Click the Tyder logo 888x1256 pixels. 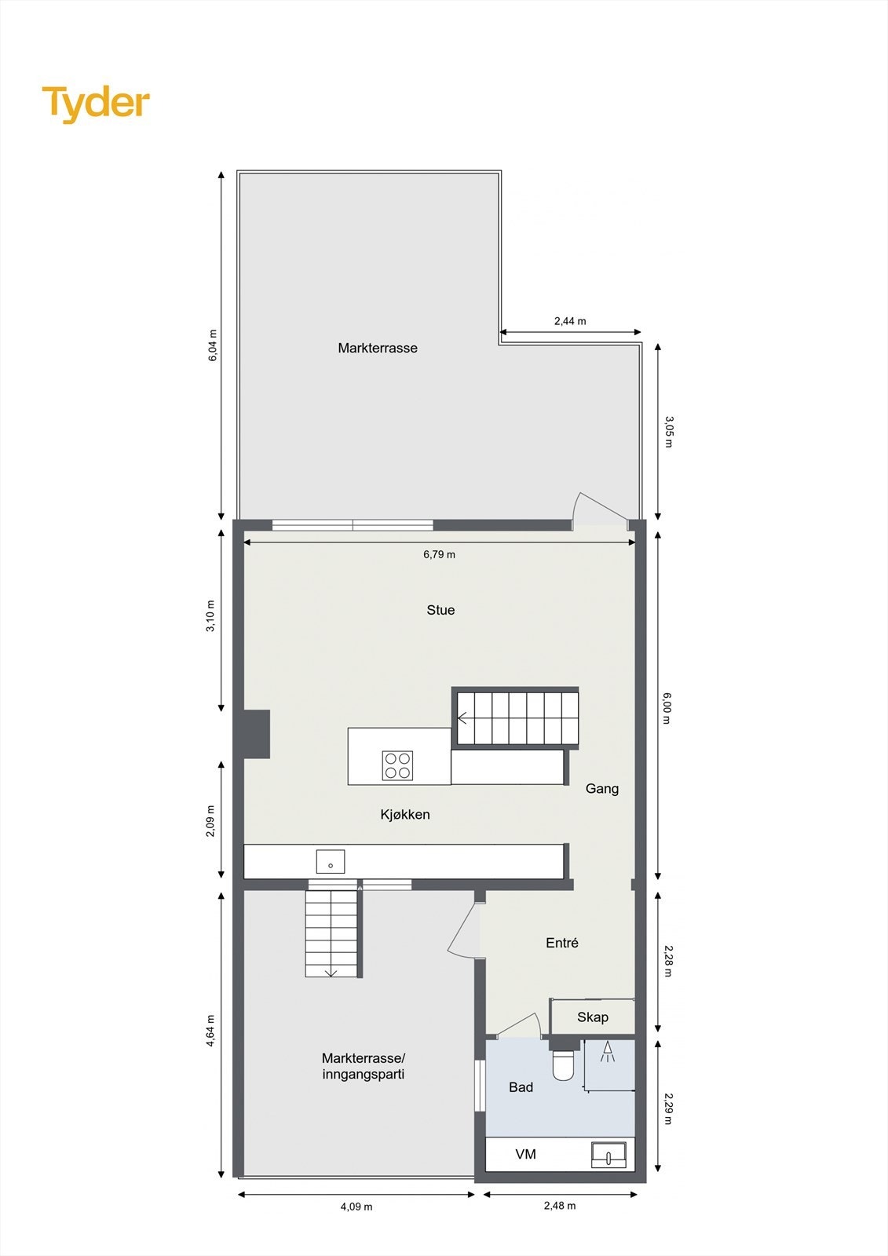tap(96, 104)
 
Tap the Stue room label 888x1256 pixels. tap(440, 610)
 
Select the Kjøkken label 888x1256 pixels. tap(405, 815)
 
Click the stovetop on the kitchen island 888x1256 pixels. tap(398, 765)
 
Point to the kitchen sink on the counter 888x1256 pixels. tap(331, 862)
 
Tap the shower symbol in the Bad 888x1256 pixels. tap(607, 1053)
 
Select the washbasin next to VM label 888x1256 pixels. tap(608, 1155)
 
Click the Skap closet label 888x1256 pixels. tap(593, 1017)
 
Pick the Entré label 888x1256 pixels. tap(562, 943)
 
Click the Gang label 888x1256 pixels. tap(602, 789)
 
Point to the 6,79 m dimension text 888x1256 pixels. tap(439, 554)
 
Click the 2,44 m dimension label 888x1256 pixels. tap(570, 321)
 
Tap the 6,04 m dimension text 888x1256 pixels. tap(212, 345)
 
